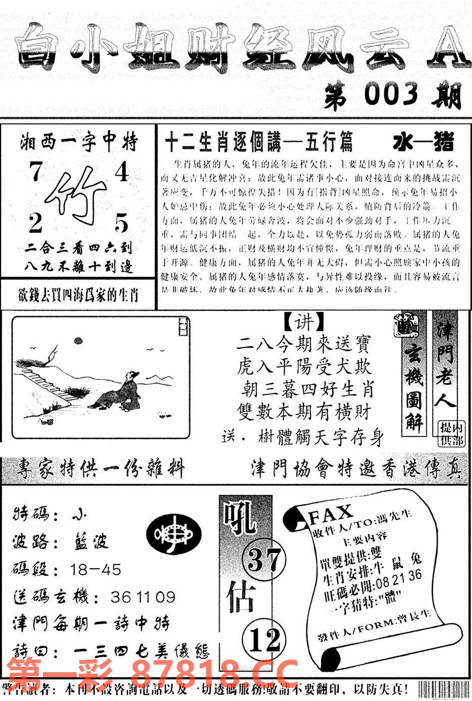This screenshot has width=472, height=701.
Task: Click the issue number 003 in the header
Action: (391, 95)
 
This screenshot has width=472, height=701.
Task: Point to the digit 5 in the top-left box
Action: (121, 223)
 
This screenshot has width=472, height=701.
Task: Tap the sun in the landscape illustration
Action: (78, 343)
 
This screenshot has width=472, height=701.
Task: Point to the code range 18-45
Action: (96, 570)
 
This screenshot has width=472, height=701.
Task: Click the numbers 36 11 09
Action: (142, 597)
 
